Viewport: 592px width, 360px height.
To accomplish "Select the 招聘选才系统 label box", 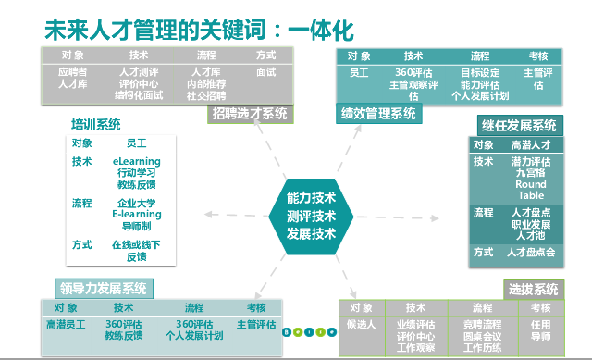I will [249, 115].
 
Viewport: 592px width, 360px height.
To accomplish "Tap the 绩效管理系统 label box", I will [379, 115].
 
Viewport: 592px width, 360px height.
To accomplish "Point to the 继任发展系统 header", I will [519, 125].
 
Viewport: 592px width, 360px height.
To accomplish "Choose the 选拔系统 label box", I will [533, 289].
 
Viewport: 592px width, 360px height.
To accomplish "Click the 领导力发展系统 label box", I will [102, 288].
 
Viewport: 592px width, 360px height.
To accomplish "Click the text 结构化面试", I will [140, 93].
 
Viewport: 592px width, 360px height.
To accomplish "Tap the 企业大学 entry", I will [136, 203].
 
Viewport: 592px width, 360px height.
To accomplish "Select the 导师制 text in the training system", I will [136, 225].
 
